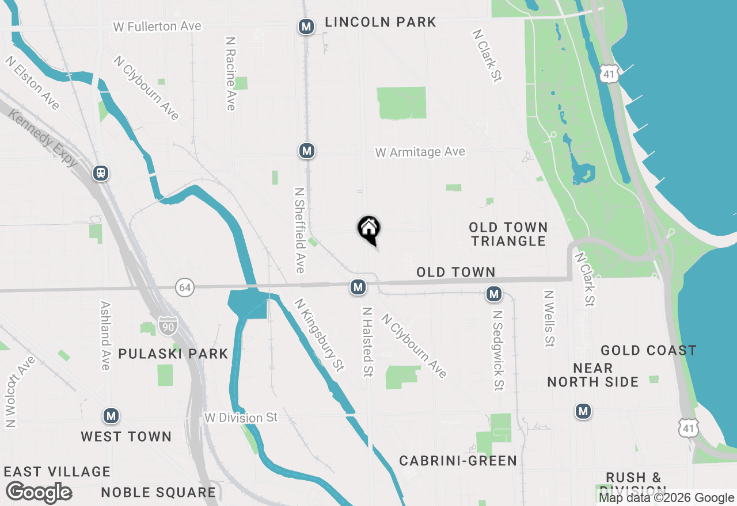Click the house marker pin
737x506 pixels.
[368, 229]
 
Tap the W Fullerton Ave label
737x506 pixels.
[157, 26]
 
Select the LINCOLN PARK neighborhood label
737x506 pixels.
[381, 22]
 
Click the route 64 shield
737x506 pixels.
[184, 287]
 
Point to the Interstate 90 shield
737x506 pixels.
[168, 326]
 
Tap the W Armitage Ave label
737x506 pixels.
[420, 152]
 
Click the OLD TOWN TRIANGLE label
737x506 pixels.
[508, 234]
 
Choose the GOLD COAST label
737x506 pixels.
[648, 350]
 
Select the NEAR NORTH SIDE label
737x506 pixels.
[592, 375]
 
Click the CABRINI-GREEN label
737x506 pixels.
[458, 461]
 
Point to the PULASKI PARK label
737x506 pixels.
[173, 354]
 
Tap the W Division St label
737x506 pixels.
[241, 417]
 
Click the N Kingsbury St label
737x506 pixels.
[318, 335]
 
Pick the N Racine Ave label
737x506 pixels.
[230, 74]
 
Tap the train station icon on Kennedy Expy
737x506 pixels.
[101, 172]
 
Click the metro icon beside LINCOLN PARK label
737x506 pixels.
[306, 26]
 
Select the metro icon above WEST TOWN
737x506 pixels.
[111, 415]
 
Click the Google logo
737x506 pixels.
[39, 493]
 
